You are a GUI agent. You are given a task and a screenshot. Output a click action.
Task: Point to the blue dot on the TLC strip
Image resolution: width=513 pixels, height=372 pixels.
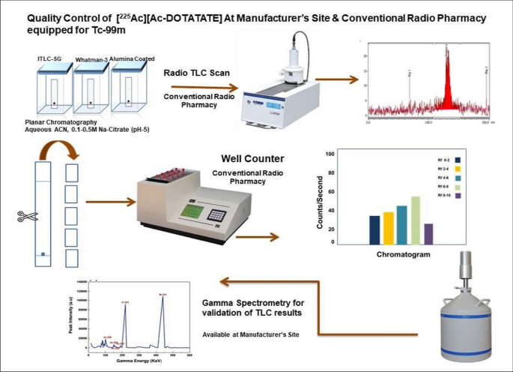pos(44,255)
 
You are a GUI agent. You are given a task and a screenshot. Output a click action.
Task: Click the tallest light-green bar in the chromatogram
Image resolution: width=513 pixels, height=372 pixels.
pos(416,220)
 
